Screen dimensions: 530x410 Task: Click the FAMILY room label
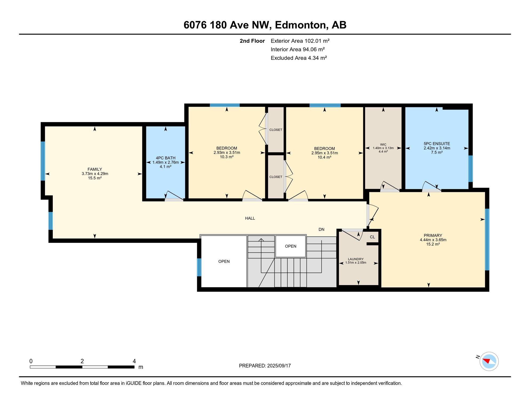tap(95, 169)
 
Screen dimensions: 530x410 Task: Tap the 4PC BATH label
tap(166, 158)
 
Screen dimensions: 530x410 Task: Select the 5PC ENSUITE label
tap(437, 144)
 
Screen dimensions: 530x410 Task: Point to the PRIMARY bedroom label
tap(433, 235)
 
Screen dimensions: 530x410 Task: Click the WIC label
tap(383, 144)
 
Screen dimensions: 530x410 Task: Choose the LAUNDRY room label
tap(356, 259)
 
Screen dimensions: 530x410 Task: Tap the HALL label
tap(250, 218)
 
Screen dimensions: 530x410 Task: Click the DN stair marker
tap(322, 229)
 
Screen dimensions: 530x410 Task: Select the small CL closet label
tap(372, 237)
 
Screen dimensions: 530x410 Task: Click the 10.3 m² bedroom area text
tap(227, 157)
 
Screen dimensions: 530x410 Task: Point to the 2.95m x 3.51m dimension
tap(324, 153)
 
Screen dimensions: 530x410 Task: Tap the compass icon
tap(489, 361)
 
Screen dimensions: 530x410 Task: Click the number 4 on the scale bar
tap(134, 361)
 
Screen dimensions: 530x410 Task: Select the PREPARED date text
tap(265, 366)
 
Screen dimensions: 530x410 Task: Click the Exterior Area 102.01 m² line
tap(300, 41)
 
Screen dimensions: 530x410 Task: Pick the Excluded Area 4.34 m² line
tap(299, 58)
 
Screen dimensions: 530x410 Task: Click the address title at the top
tap(265, 25)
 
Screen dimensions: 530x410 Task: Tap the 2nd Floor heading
tap(252, 41)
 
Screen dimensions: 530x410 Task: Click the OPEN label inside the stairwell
tap(291, 246)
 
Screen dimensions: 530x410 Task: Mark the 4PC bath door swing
tap(175, 195)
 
